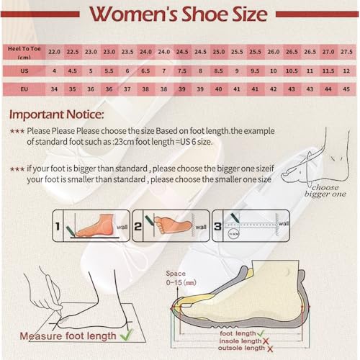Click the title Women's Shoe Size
click(180, 14)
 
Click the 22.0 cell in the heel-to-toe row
click(54, 52)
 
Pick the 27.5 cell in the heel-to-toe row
click(346, 52)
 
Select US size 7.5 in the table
click(182, 71)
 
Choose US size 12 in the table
click(346, 71)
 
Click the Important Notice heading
click(56, 114)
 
